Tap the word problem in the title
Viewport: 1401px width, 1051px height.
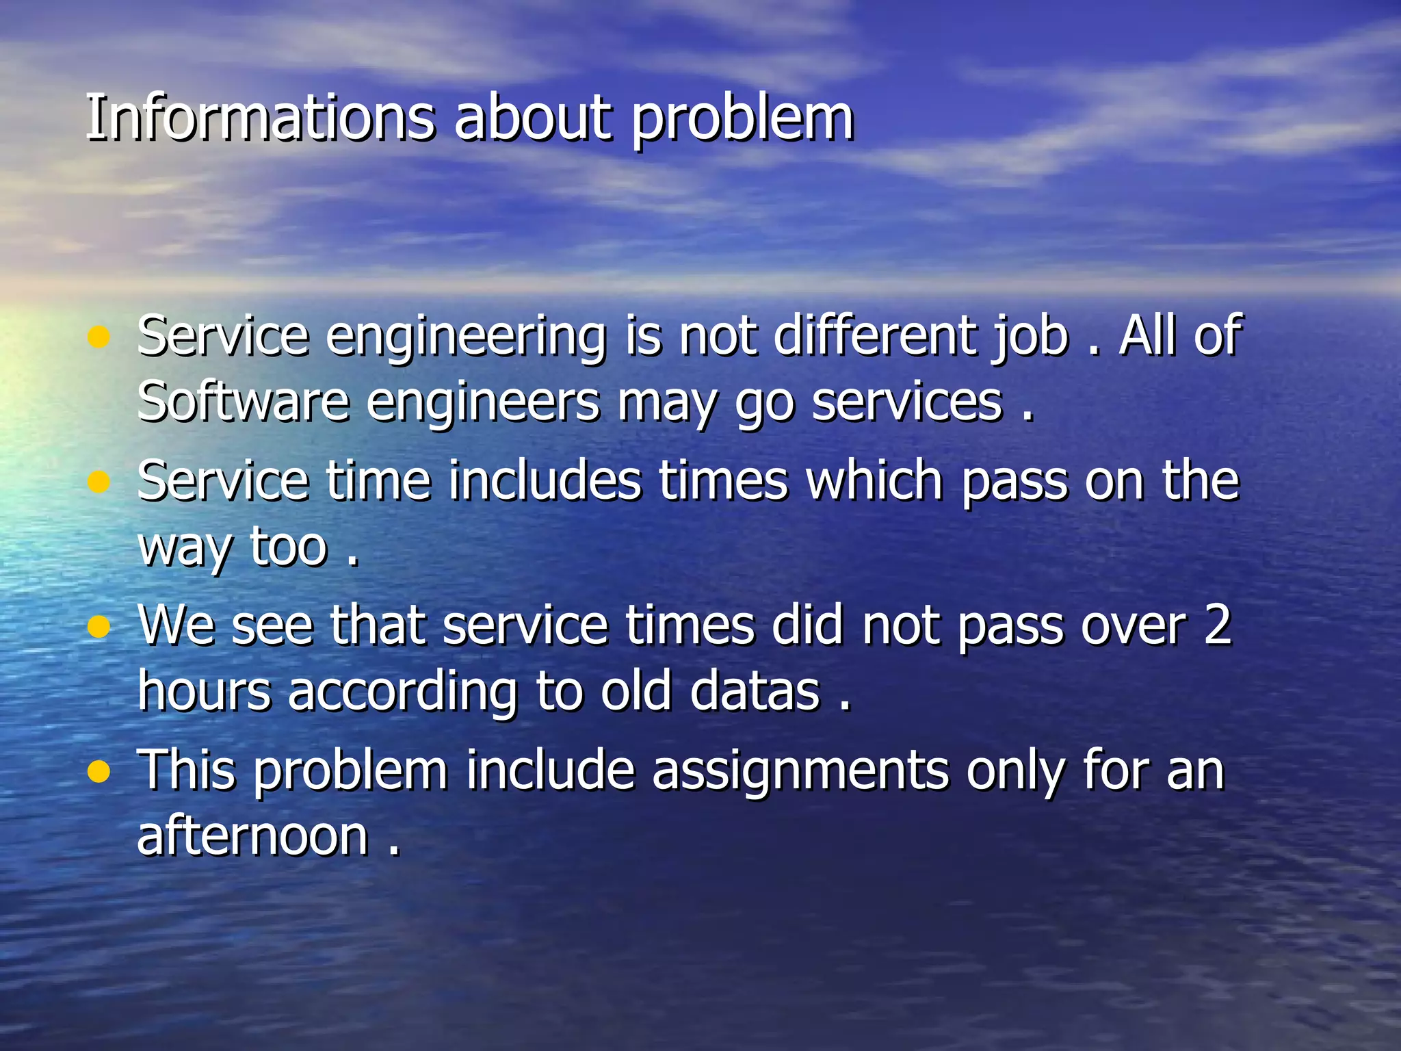coord(742,120)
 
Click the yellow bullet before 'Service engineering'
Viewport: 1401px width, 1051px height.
coord(99,337)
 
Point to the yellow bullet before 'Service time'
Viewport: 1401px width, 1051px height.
coord(99,482)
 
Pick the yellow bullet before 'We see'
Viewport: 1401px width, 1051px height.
coord(99,627)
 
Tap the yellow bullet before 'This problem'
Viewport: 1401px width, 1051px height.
coord(99,773)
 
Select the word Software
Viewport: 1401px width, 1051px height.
coord(243,402)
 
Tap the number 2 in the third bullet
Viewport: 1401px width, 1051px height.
coord(1217,625)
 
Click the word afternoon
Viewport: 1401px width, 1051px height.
coord(253,836)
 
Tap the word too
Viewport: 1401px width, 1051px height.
coord(289,547)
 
